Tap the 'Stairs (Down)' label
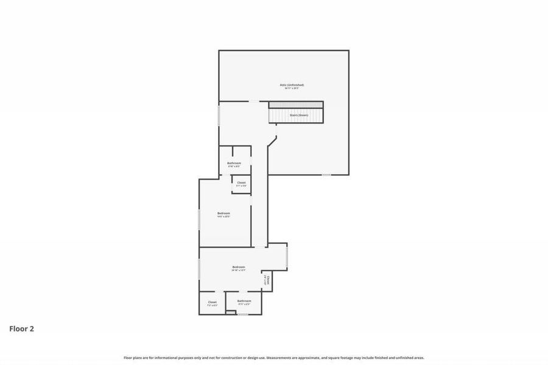(299, 115)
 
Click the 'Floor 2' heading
(21, 329)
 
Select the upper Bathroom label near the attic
(234, 163)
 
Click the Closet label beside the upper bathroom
(241, 182)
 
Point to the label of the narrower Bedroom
(224, 213)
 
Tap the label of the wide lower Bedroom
(239, 267)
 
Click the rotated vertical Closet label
(267, 280)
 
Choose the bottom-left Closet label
(212, 302)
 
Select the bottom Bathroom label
(244, 301)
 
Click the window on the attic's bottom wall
(326, 175)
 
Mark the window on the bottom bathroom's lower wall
(243, 314)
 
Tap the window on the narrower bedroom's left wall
(199, 220)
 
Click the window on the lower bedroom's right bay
(287, 256)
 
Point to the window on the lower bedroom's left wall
(199, 269)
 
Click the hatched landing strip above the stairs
(296, 105)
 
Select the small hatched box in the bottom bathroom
(231, 312)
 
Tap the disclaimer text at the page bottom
(274, 358)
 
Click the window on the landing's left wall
(219, 116)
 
